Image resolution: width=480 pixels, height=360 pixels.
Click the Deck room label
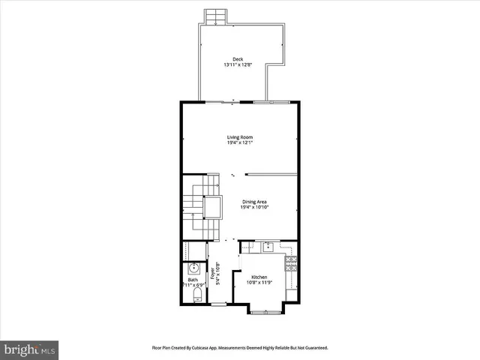point(238,59)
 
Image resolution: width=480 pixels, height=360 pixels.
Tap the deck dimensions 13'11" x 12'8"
point(238,65)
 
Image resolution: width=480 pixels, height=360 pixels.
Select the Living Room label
point(240,136)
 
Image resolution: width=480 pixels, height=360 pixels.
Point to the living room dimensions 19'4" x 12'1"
point(240,142)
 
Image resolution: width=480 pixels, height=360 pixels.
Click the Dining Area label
point(255,201)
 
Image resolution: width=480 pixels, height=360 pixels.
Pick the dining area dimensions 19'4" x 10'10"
point(255,207)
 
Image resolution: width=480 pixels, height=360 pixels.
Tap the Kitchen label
point(259,277)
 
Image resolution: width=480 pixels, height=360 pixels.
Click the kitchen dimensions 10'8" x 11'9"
point(259,283)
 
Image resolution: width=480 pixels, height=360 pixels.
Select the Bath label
point(193,280)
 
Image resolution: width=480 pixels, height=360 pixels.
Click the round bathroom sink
point(193,268)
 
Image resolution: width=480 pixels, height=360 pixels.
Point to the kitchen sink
point(266,245)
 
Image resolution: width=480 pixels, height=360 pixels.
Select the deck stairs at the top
point(217,17)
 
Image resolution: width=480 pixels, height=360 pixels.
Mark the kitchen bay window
point(263,310)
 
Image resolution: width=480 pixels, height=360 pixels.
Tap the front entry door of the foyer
point(218,304)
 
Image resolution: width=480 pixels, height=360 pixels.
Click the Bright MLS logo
point(30,349)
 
